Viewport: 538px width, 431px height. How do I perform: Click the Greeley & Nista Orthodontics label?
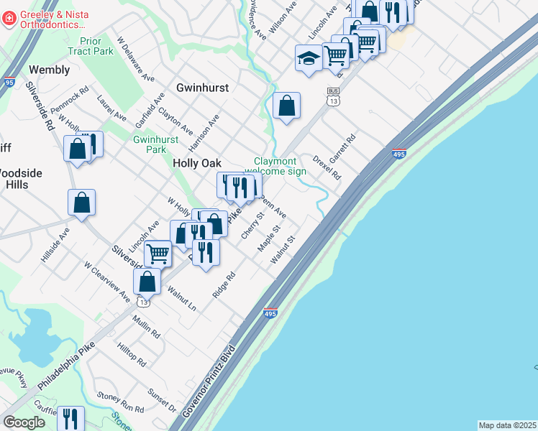coord(54,19)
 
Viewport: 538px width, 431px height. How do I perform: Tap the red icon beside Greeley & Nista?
coord(9,18)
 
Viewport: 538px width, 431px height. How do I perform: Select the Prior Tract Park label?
coord(91,47)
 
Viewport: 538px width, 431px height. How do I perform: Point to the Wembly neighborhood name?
coord(50,70)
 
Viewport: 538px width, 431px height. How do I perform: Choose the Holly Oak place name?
coord(196,164)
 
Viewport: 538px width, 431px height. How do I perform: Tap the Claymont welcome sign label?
coord(280,166)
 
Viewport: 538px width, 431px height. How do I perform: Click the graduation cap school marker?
coord(309,58)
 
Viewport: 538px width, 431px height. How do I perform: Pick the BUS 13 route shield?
coord(332,97)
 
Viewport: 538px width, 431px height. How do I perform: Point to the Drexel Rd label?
coord(326,167)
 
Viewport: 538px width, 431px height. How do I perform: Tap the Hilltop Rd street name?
coord(131,355)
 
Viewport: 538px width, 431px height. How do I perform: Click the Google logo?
coord(24,422)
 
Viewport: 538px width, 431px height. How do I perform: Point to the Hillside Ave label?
coord(55,246)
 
